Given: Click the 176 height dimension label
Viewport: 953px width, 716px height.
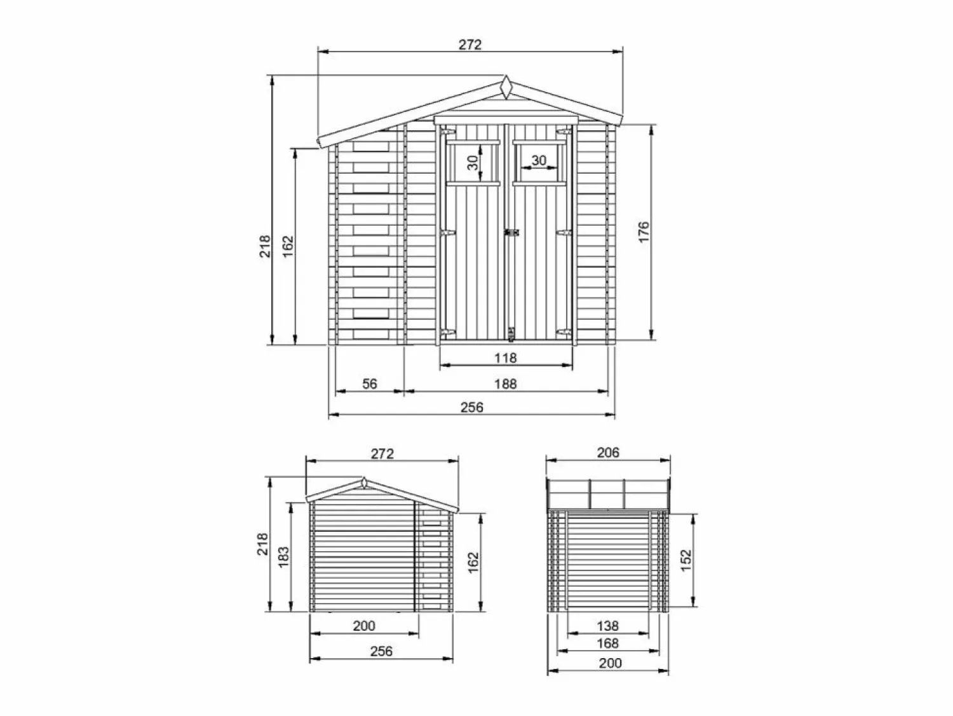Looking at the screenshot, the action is point(644,231).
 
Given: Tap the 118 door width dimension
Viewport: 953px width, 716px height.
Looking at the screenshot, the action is point(506,358).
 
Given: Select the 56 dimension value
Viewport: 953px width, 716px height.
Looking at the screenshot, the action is point(370,383).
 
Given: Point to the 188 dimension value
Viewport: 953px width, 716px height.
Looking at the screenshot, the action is point(506,383).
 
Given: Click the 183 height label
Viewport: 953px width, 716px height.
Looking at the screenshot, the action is point(283,556).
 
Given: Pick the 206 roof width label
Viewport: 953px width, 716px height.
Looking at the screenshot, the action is point(608,453).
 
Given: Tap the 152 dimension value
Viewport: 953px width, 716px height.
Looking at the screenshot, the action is point(686,560).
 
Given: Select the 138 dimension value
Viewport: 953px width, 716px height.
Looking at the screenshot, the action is point(607,626).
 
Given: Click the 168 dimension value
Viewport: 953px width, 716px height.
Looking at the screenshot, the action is point(607,643).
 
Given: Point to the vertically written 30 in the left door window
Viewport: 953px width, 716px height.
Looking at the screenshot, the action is point(473,163).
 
